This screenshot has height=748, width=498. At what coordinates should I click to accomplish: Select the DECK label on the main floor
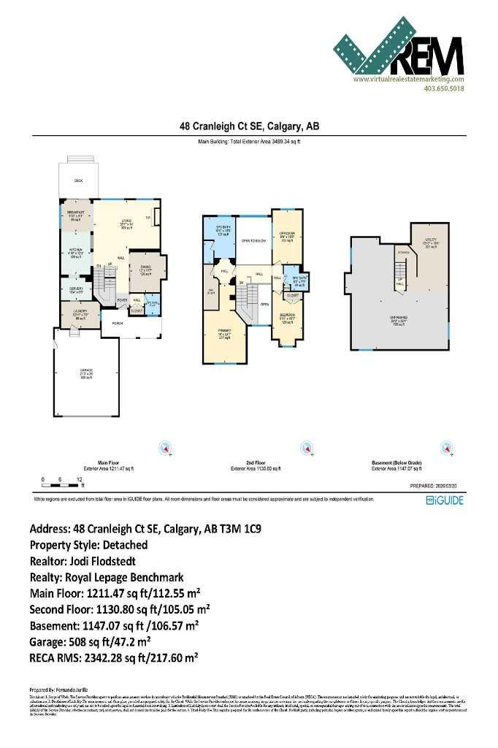(x=78, y=180)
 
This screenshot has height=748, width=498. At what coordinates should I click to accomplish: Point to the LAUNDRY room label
(x=80, y=313)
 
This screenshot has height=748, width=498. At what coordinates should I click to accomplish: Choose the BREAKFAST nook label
(x=76, y=214)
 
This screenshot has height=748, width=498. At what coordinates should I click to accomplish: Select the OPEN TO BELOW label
(x=252, y=240)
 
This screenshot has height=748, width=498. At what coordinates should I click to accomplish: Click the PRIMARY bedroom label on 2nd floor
(x=223, y=333)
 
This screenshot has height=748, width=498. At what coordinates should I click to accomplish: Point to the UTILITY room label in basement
(x=430, y=245)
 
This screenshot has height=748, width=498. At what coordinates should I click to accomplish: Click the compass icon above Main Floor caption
(x=166, y=448)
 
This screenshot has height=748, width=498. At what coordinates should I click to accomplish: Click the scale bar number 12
(x=78, y=479)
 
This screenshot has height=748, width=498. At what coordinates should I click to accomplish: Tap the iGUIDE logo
(x=445, y=501)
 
